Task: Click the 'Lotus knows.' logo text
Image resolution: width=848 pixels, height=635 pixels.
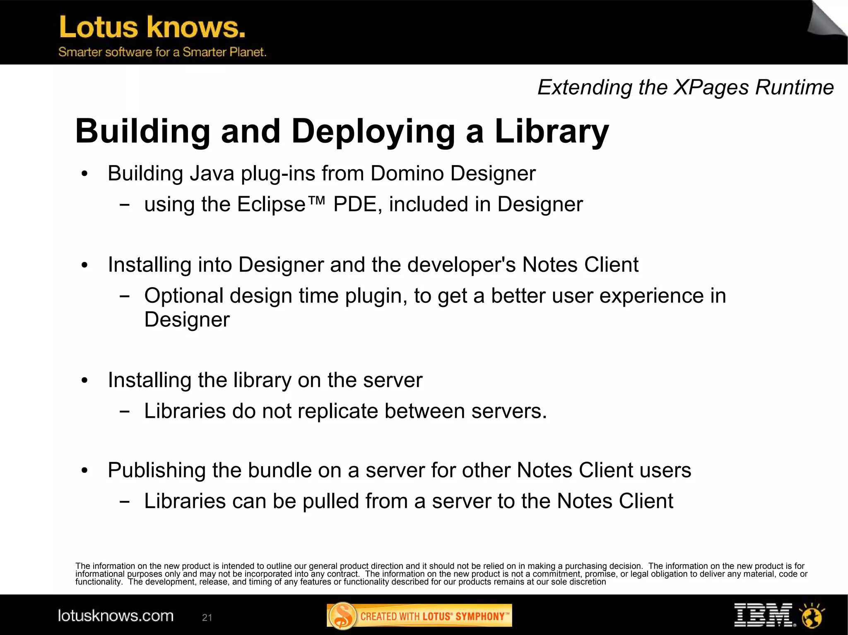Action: tap(152, 27)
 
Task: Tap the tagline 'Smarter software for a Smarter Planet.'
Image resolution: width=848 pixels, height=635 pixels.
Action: tap(162, 52)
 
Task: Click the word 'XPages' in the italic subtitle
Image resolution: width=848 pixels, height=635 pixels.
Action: tap(711, 87)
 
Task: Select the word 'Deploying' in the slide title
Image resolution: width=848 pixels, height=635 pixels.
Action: tap(373, 132)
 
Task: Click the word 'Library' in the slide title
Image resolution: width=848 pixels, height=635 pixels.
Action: tap(552, 132)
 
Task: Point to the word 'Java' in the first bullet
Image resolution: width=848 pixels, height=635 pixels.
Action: tap(212, 173)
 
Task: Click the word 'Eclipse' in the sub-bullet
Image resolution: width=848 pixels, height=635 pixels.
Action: tap(271, 204)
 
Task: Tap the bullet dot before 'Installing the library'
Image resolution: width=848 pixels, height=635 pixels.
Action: tap(85, 381)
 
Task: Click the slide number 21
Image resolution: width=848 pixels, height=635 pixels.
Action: tap(207, 618)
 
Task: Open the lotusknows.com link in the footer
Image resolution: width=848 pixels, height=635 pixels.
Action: tap(116, 616)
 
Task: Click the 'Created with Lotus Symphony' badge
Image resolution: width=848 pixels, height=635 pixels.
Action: tap(419, 616)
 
